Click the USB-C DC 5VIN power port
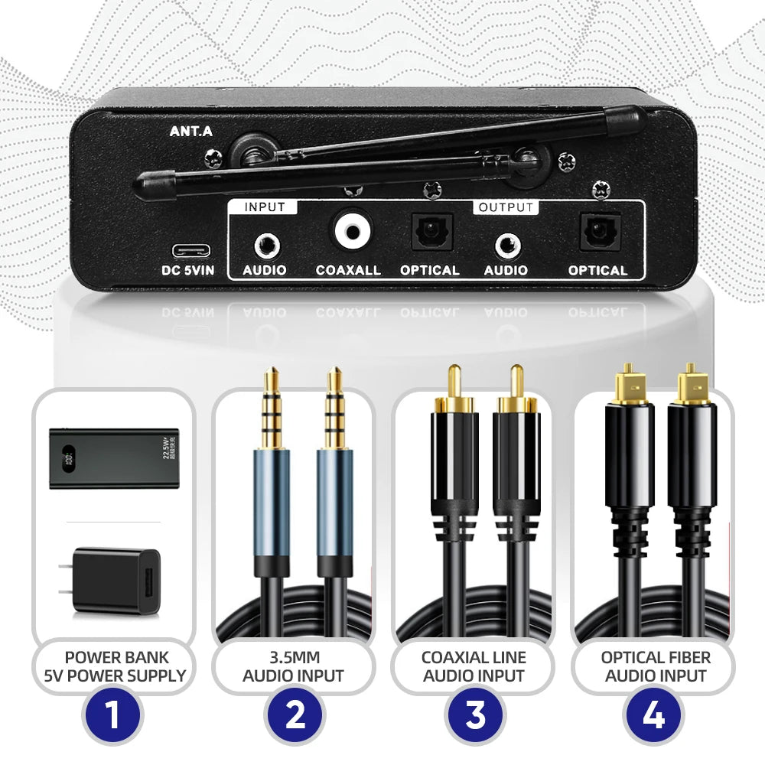coord(187,250)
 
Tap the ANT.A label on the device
coord(190,131)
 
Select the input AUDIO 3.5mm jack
coord(265,246)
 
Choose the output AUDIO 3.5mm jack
coord(506,246)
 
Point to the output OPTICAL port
coord(597,232)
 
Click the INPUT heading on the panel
coord(265,207)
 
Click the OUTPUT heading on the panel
coord(506,207)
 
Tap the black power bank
coord(114,457)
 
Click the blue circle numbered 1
coord(113,716)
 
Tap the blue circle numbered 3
coord(474,716)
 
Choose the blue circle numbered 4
coord(655,716)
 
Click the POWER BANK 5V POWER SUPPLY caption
coord(115,666)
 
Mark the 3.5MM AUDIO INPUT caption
coord(294,666)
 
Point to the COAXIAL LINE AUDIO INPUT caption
coord(474,666)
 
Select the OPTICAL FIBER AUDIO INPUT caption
coord(655,666)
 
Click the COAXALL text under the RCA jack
coord(348,270)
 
